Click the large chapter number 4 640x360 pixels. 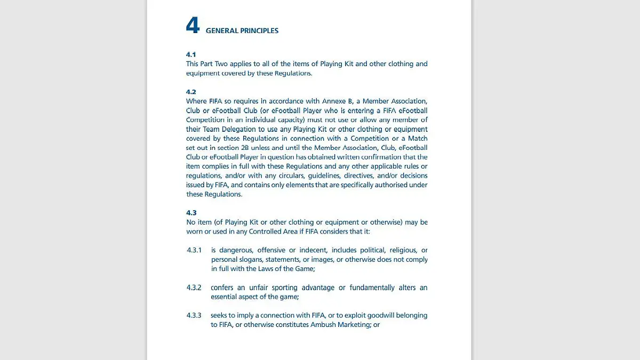click(193, 26)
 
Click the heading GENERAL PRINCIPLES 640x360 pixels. click(242, 31)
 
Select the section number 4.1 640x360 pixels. click(191, 54)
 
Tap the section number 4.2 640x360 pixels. click(191, 92)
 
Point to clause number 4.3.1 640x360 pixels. click(194, 250)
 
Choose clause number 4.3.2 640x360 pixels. click(194, 287)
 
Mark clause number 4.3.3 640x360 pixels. click(194, 315)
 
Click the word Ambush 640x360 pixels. click(323, 325)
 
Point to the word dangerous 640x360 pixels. click(236, 250)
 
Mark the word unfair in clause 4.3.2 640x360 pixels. click(258, 287)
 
